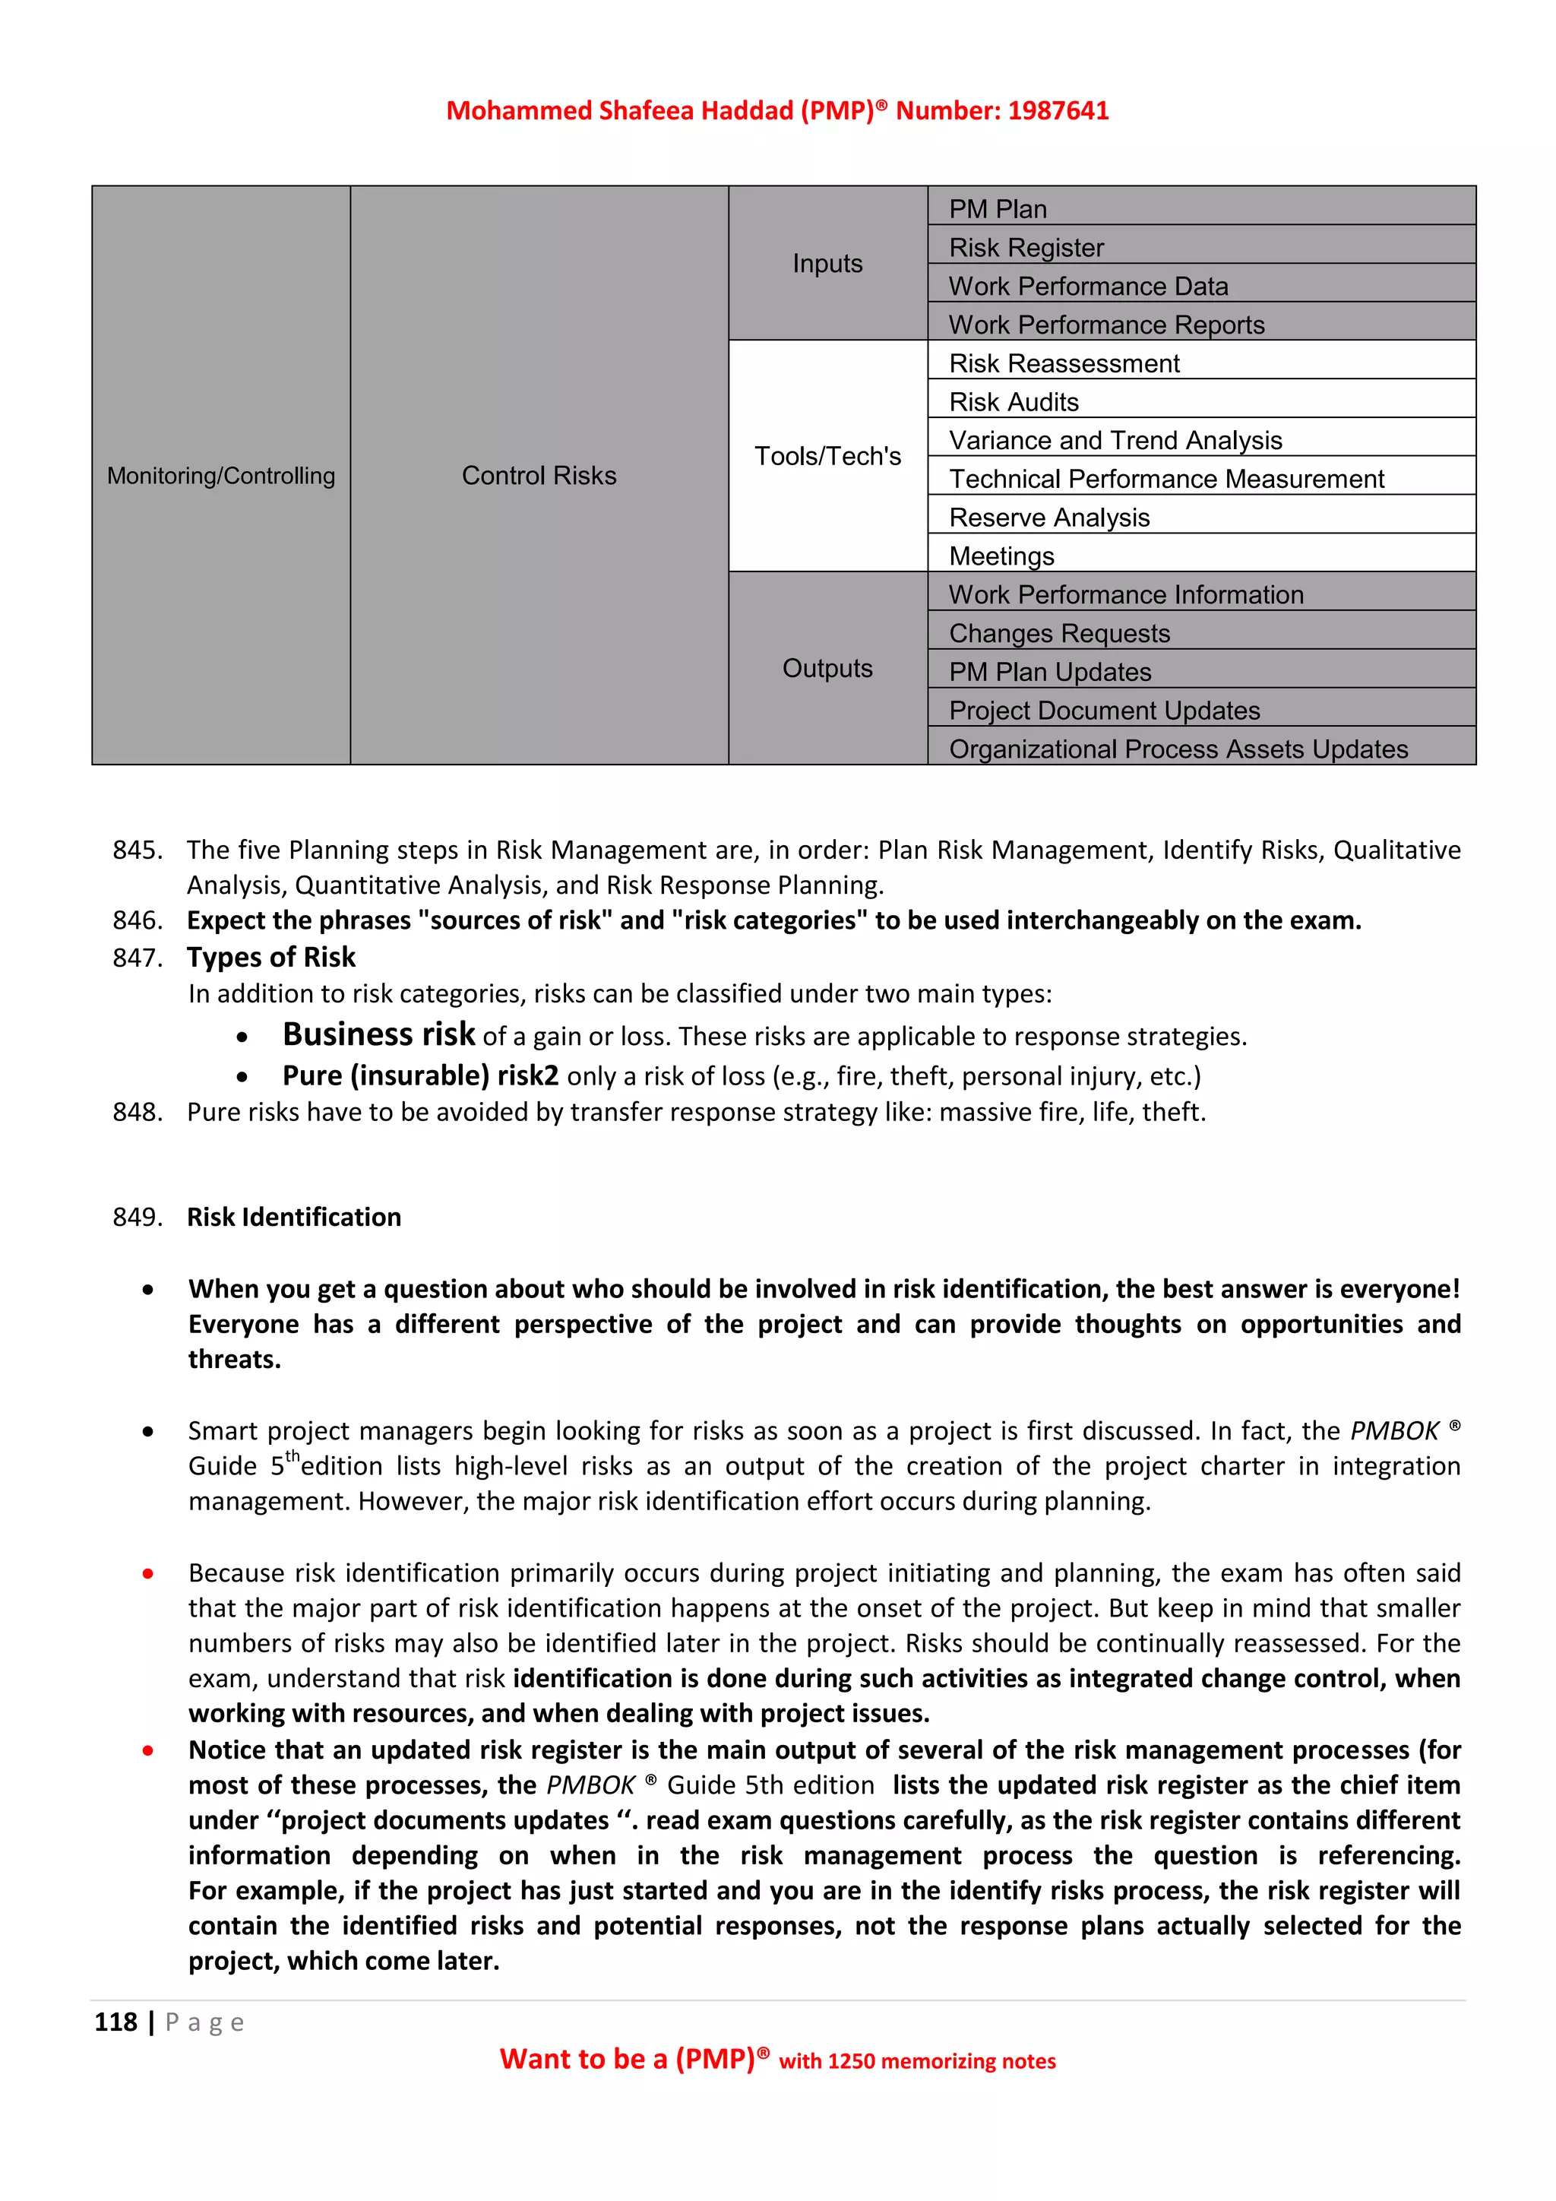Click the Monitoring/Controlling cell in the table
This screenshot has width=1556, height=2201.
click(x=221, y=476)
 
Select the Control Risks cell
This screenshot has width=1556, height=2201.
click(x=539, y=476)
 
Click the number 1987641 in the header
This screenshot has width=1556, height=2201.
click(x=1058, y=111)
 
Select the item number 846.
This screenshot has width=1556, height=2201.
click(x=137, y=920)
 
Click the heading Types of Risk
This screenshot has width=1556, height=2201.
click(x=271, y=957)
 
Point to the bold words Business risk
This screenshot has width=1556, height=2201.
click(x=378, y=1034)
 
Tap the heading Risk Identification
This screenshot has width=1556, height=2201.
click(x=294, y=1217)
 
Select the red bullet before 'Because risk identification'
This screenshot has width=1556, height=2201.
click(x=147, y=1573)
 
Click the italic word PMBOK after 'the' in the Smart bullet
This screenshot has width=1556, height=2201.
click(x=1394, y=1431)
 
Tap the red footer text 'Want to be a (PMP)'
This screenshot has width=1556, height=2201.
click(x=628, y=2059)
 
